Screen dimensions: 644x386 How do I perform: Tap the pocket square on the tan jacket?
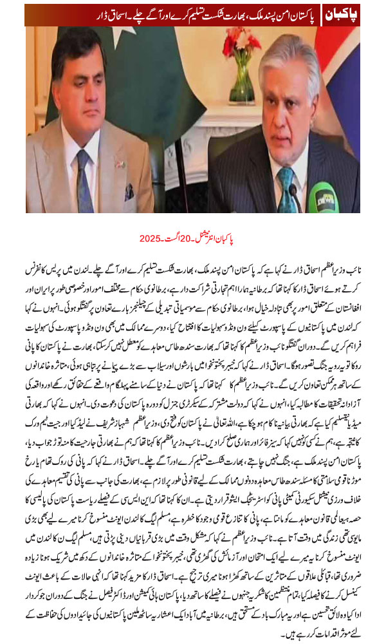129,191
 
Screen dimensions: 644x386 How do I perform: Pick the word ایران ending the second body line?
39,281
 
